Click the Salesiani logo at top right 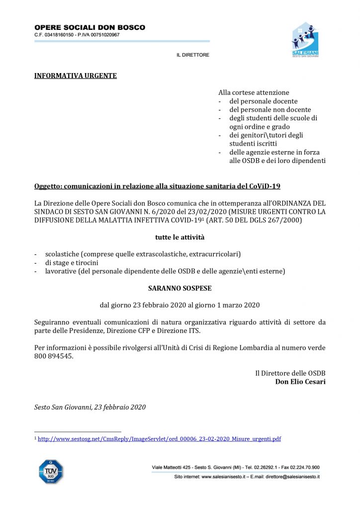tap(305, 40)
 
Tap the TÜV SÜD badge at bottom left tap(51, 471)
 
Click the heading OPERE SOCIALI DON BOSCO tap(90, 28)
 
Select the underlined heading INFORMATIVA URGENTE tap(75, 76)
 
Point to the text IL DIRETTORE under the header tap(193, 55)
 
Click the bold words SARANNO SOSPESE tap(180, 288)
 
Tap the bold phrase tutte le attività tap(180, 237)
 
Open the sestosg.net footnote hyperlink tap(160, 439)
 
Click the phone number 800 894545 tap(54, 356)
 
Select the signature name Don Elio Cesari tap(300, 382)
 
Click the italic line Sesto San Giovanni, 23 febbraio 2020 tap(90, 407)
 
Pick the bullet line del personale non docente tap(270, 109)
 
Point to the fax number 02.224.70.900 tap(302, 467)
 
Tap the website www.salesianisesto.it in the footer tap(226, 477)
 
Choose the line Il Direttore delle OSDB tap(290, 373)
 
